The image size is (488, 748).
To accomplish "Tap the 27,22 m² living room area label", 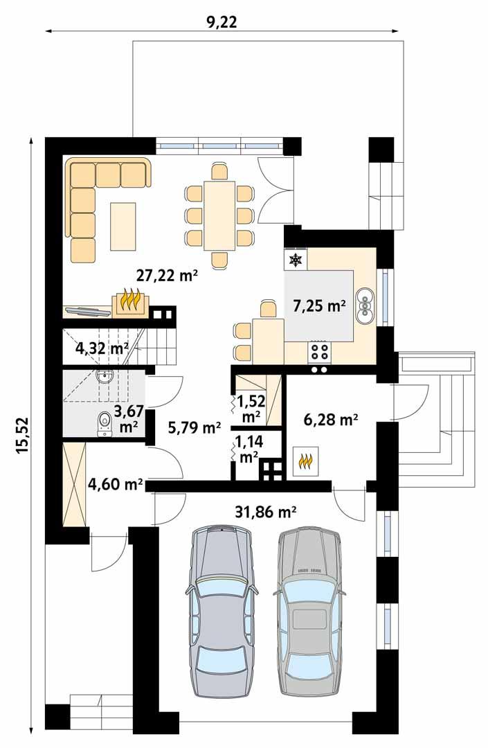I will click(167, 276).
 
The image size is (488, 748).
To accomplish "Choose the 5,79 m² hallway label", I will click(195, 428).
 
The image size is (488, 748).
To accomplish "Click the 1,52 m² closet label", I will click(249, 408).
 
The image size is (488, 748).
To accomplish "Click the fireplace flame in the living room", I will click(129, 301).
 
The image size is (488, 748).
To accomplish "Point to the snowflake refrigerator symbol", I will click(296, 260).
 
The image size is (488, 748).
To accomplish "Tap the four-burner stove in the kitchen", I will click(319, 351).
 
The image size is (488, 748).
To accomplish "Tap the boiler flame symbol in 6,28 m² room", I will click(305, 459).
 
